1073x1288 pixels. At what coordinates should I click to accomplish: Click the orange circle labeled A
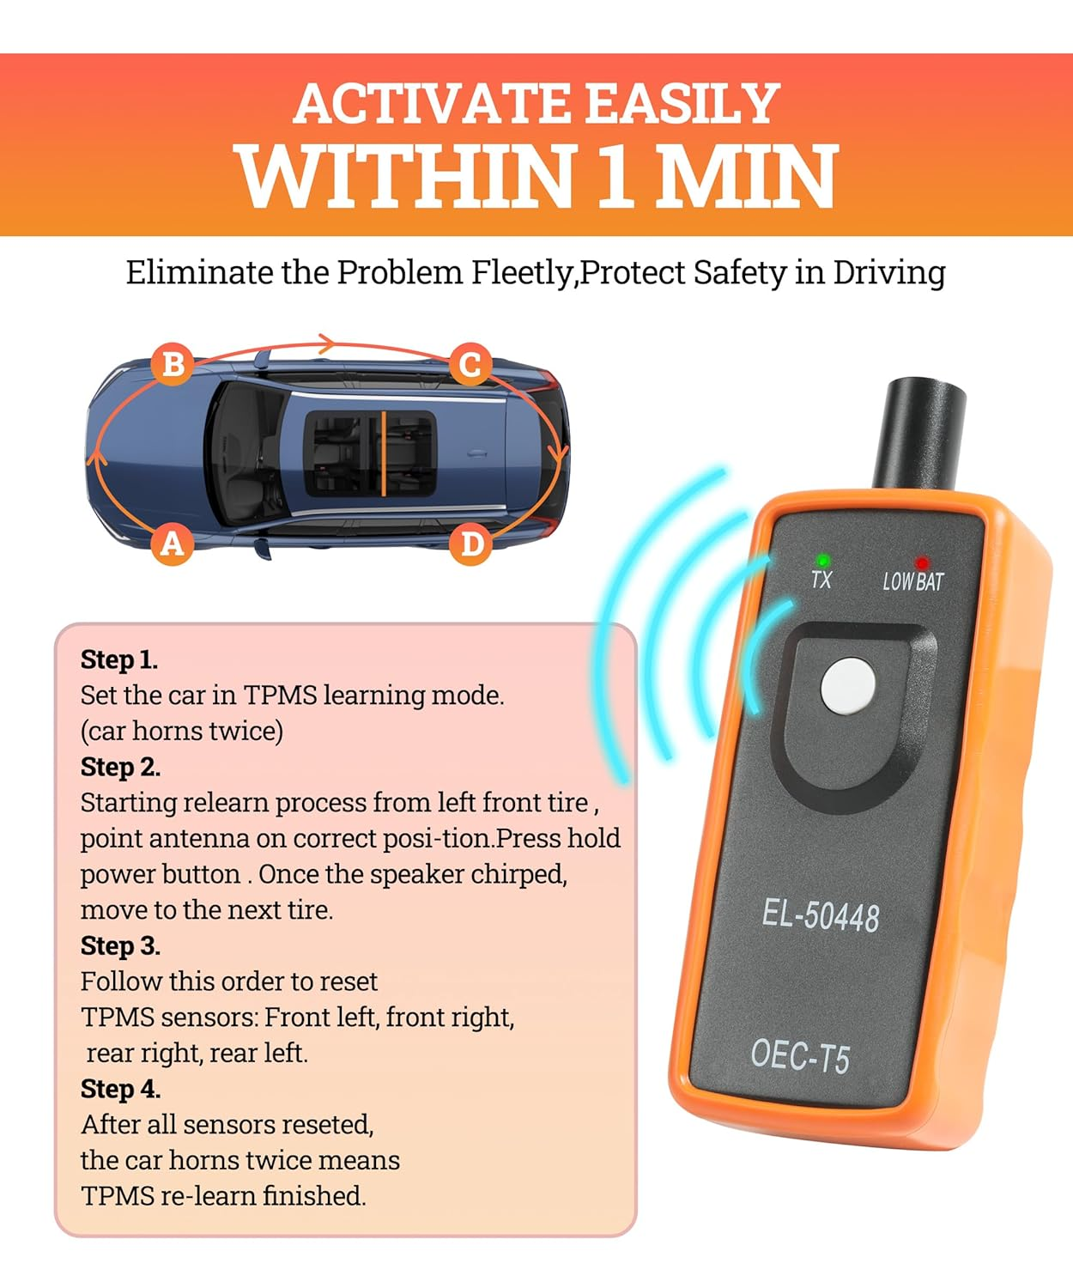(173, 544)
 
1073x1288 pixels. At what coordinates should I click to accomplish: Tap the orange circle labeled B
(173, 364)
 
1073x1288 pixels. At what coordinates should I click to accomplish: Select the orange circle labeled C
(470, 364)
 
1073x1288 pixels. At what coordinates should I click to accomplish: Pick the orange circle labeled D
(471, 544)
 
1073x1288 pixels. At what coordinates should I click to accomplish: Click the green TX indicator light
(823, 560)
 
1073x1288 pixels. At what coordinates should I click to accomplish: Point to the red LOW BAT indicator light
(922, 563)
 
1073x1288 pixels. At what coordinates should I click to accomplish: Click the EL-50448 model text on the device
(821, 915)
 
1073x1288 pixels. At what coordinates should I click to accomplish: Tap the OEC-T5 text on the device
(800, 1055)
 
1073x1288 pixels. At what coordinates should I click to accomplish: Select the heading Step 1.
(119, 659)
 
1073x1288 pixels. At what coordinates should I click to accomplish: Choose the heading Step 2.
(120, 767)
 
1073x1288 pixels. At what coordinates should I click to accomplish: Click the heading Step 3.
(120, 945)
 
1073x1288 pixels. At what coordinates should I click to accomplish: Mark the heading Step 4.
(120, 1089)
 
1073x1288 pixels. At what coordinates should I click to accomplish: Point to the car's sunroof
(371, 453)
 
